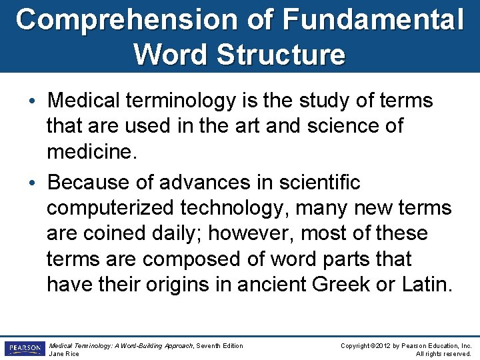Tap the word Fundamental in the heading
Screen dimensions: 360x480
[x=373, y=19]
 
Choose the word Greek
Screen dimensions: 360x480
[x=340, y=285]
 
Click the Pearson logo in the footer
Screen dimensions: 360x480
[x=25, y=349]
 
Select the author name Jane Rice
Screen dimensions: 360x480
[x=64, y=353]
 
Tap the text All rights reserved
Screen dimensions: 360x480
[x=444, y=353]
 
